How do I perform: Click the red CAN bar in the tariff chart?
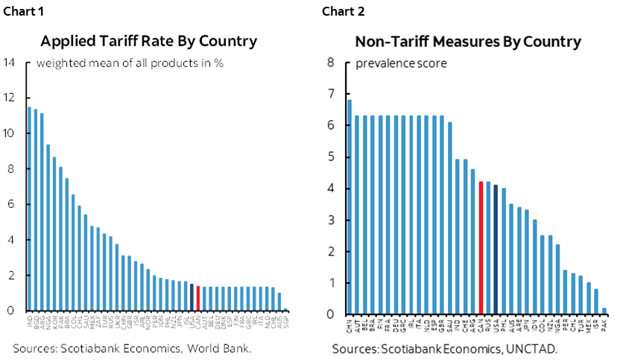197,298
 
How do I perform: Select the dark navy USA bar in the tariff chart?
192,297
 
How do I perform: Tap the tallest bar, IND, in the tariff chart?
29,209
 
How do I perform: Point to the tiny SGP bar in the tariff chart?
286,309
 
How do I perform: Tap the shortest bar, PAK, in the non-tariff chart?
604,311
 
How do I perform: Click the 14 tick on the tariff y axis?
10,63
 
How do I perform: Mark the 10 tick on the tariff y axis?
10,133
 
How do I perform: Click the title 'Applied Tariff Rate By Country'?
149,41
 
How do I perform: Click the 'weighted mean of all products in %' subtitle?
130,63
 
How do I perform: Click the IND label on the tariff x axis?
29,322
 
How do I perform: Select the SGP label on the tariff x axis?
286,322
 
